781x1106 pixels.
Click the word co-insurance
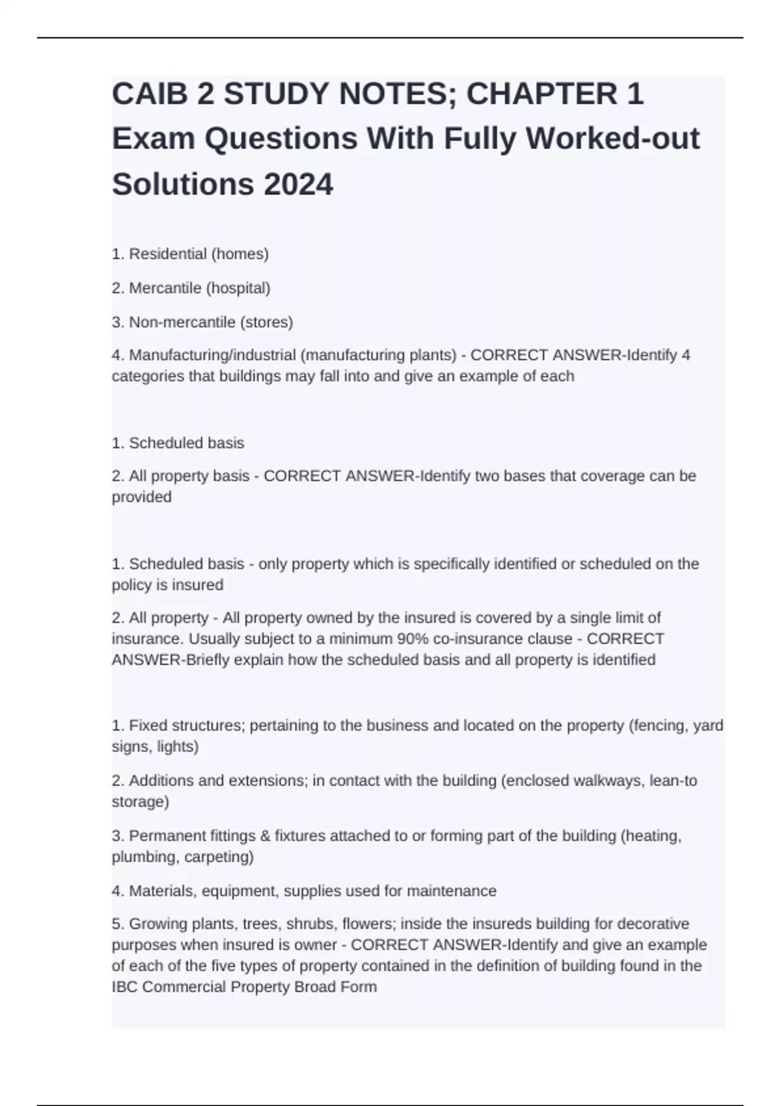point(479,638)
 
